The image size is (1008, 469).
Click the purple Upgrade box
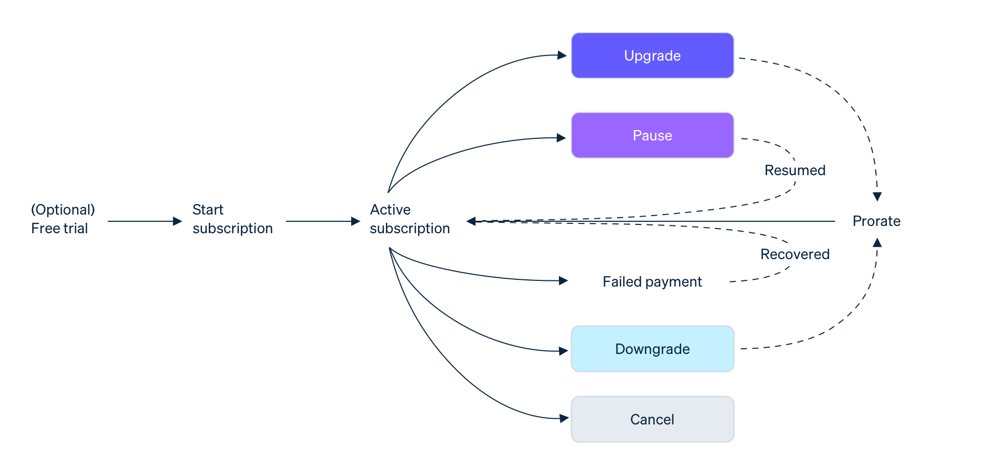[652, 55]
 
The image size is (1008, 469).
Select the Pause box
[652, 135]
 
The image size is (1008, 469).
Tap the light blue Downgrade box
[652, 349]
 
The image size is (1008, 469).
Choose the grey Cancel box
[652, 419]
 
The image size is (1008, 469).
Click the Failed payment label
[652, 281]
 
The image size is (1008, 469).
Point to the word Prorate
[876, 221]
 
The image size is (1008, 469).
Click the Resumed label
[795, 170]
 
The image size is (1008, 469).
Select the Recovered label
[795, 254]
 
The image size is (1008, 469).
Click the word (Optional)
[63, 209]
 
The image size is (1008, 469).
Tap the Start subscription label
[232, 219]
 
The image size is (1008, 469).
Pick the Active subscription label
[409, 219]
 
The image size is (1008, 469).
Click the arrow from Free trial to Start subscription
[145, 221]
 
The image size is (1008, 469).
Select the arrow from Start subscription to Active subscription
[322, 221]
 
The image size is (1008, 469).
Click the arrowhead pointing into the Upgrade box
[562, 55]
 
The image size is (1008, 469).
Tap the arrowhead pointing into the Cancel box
[564, 418]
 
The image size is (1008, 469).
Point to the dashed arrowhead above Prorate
[877, 197]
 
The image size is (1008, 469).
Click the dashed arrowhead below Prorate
[877, 243]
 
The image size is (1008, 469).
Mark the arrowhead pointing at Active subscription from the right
[471, 221]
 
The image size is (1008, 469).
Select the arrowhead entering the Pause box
[561, 138]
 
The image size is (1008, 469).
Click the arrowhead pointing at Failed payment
[564, 281]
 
